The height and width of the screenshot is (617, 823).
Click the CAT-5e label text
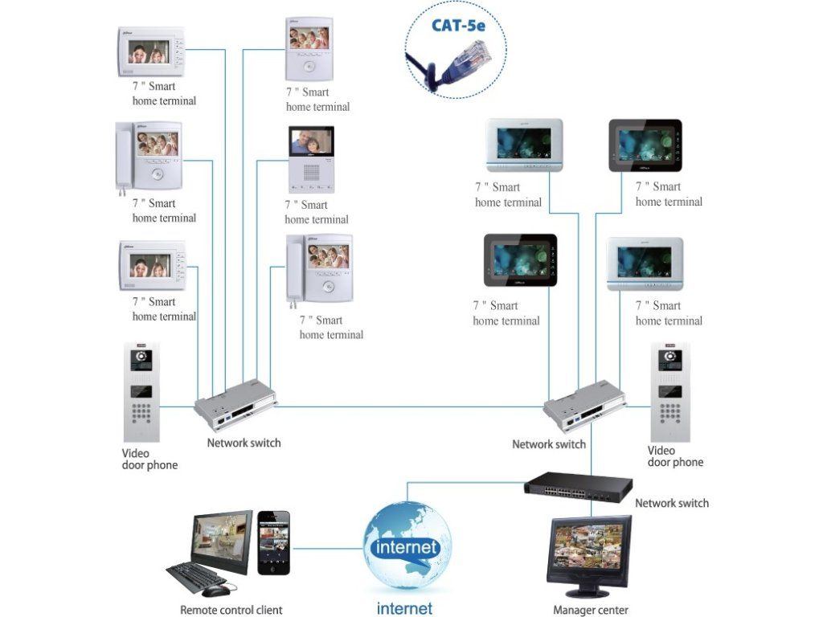click(x=458, y=25)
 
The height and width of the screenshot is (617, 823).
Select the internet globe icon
click(x=407, y=547)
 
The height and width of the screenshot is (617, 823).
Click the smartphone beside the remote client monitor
click(x=273, y=543)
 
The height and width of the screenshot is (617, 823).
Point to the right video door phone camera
click(x=669, y=357)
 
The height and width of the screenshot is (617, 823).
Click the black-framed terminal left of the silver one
click(x=520, y=261)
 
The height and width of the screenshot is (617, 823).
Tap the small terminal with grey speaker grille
click(x=309, y=160)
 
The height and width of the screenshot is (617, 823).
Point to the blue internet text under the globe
click(x=404, y=608)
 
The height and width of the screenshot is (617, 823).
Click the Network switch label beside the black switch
click(x=672, y=504)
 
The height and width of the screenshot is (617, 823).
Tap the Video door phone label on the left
click(x=149, y=459)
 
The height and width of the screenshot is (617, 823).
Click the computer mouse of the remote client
click(x=215, y=591)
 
